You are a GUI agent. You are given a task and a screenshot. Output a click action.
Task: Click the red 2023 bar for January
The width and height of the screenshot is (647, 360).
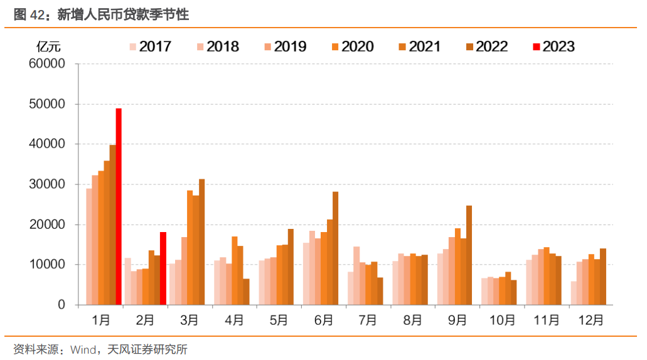tap(119, 207)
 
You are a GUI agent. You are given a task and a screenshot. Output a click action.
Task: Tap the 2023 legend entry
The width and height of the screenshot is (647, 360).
tap(553, 46)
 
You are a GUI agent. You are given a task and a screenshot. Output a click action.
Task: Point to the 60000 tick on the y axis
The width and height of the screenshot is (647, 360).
tap(47, 64)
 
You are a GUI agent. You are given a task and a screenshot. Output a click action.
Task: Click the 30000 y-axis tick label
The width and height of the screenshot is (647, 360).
tap(47, 184)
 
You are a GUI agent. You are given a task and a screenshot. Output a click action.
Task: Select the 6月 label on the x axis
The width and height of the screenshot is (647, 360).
tap(324, 320)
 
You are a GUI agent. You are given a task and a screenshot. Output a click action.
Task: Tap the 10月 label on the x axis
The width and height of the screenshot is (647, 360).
tap(502, 320)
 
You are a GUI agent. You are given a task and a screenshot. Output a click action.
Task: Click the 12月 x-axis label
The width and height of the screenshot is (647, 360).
tap(591, 320)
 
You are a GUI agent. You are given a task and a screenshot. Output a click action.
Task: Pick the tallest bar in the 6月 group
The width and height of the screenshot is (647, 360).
tap(335, 248)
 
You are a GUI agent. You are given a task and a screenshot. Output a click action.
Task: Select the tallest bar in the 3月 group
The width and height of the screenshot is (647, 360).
tap(201, 242)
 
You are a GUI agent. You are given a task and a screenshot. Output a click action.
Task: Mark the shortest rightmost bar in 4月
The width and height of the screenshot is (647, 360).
tap(246, 292)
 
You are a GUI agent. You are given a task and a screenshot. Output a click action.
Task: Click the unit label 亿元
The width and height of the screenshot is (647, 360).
tap(48, 46)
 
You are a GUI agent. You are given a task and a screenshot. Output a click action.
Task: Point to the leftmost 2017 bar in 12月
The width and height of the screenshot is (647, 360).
tap(574, 293)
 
